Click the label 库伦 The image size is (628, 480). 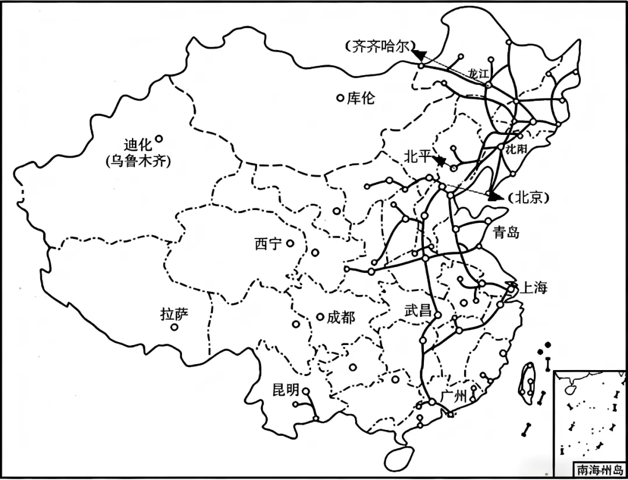point(361,98)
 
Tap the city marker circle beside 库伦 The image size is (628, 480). point(341,98)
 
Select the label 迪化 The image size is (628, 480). point(138,144)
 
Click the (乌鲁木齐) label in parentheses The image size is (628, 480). point(138,162)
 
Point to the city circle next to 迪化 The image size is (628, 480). point(159,138)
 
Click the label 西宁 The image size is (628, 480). point(269,244)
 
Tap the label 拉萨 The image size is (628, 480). point(174,315)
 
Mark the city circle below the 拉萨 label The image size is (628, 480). point(174,328)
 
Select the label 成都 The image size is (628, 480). point(341,317)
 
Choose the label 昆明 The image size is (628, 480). point(286,390)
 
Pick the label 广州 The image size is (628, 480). point(454,397)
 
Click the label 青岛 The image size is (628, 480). point(505,233)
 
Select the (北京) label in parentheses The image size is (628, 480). point(529,197)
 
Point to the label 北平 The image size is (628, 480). point(418,156)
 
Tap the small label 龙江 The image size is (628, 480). point(480,73)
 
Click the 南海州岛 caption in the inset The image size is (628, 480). point(598,469)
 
